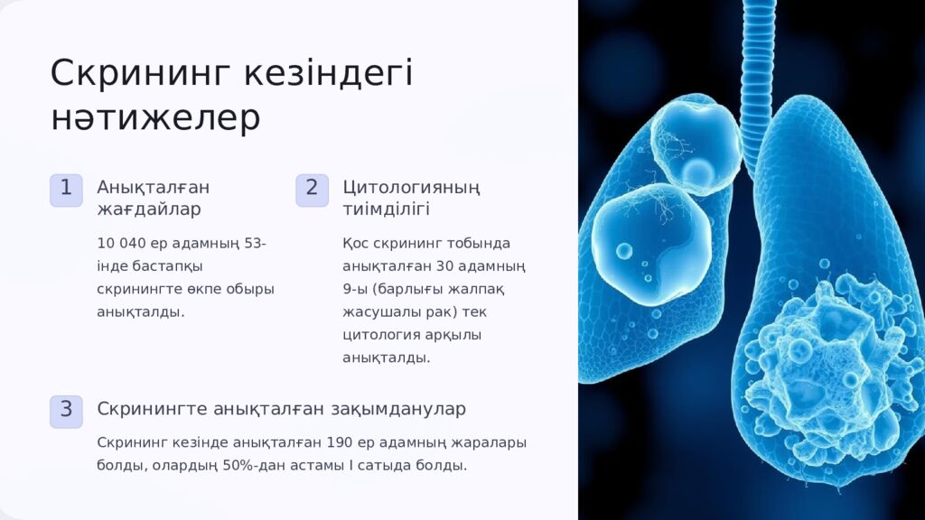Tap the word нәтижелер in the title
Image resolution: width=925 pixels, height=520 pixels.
[x=155, y=118]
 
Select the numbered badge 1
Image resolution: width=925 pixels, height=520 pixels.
[x=66, y=189]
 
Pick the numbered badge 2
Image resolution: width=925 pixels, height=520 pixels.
[x=312, y=189]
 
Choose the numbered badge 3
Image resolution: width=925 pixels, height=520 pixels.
[x=66, y=410]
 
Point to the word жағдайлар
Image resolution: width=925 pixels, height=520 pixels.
[x=149, y=209]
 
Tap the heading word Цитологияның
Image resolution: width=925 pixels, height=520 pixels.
[x=411, y=188]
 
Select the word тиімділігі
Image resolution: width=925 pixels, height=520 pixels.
[x=386, y=209]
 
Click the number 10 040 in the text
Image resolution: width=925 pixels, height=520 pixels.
[x=119, y=244]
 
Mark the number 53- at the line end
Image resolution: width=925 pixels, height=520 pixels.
[x=255, y=244]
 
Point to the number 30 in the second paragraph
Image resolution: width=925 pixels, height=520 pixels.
[x=444, y=266]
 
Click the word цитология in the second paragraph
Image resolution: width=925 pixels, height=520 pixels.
[x=378, y=335]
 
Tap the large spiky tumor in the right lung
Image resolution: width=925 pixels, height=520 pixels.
[x=827, y=361]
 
